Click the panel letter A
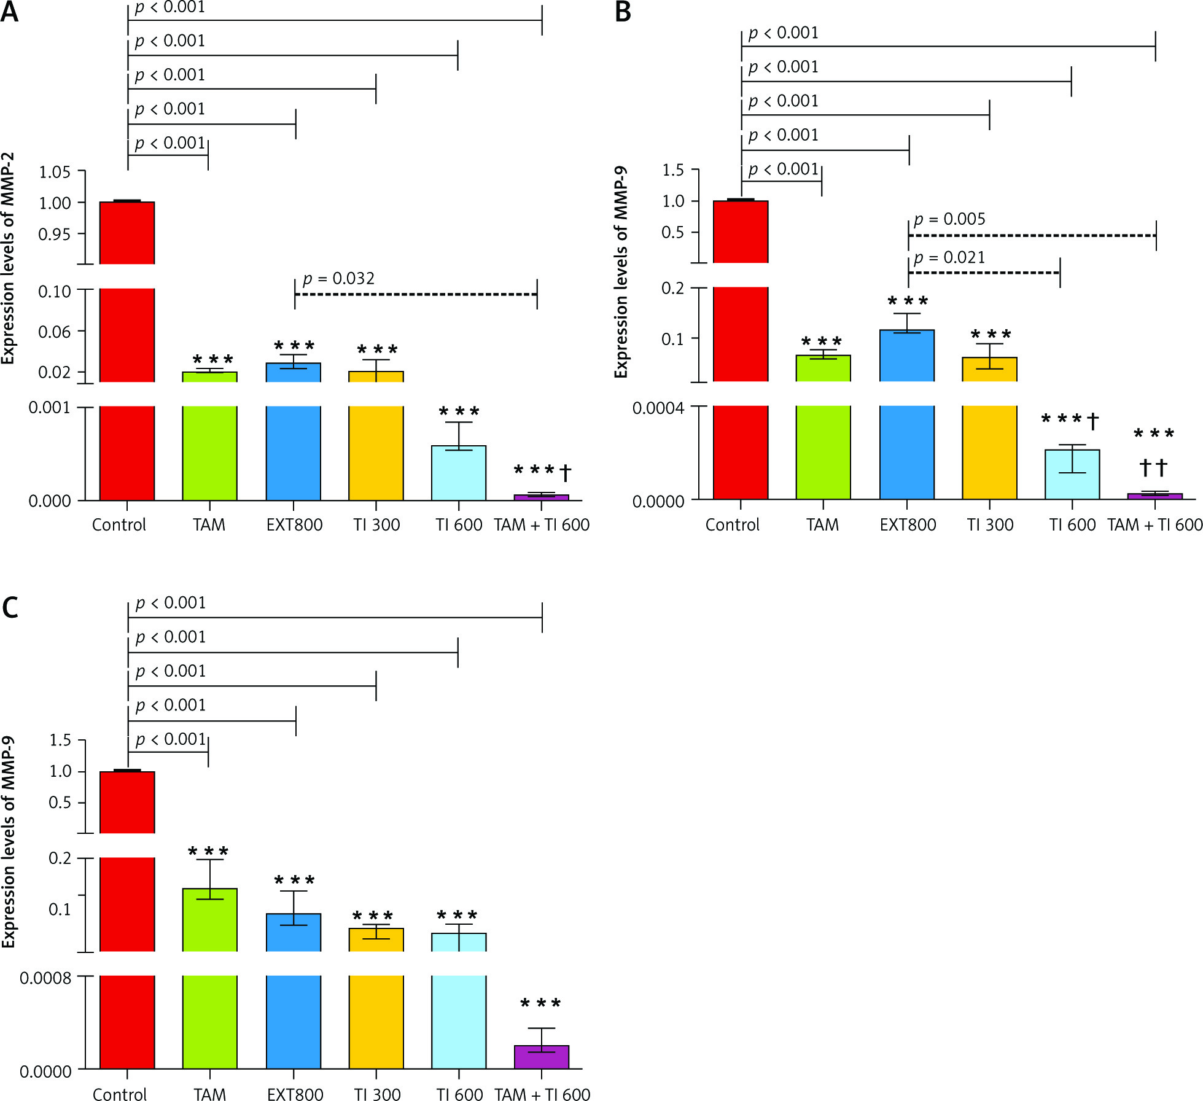(10, 12)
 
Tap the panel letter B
(623, 12)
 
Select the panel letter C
(10, 608)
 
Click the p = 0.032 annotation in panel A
(338, 279)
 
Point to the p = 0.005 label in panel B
(949, 219)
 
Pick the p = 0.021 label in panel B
(949, 257)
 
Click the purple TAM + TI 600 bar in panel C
(541, 1057)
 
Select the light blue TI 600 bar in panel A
(459, 473)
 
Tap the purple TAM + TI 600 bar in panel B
(1154, 496)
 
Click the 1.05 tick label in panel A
(55, 172)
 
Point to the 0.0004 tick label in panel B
(658, 408)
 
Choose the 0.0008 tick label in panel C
(45, 978)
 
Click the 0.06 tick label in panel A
(55, 332)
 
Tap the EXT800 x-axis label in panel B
(908, 525)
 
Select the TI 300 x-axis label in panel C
(377, 1095)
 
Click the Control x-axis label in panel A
(119, 525)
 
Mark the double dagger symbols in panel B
(1153, 468)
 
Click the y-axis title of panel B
(621, 272)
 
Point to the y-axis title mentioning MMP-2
(8, 258)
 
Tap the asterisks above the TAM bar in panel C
(209, 852)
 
